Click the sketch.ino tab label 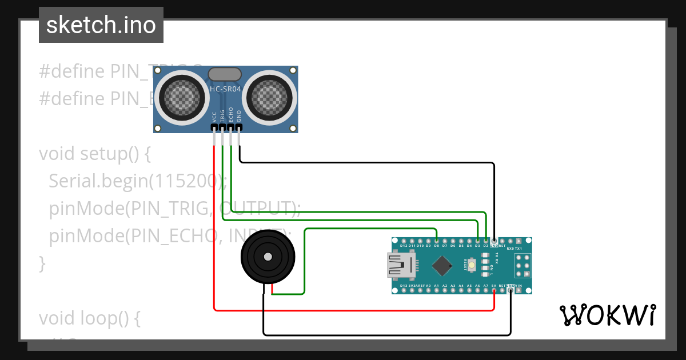pos(101,25)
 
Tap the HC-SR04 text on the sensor pos(225,89)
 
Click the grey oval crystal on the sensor pos(225,74)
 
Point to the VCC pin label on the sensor pos(214,117)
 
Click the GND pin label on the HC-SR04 pos(240,117)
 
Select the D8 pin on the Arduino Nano pos(436,241)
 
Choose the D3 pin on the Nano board pos(477,241)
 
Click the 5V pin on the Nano pos(494,290)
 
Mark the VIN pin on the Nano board pos(519,290)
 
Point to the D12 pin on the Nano pos(404,241)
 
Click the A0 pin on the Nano pos(428,290)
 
